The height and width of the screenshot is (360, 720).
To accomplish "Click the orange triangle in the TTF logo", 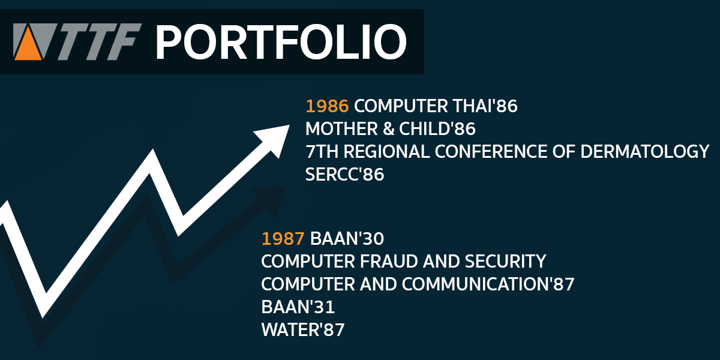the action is (28, 46).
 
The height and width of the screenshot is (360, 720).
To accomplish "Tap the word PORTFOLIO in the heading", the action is (281, 42).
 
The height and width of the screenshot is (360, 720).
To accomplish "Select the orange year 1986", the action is (327, 106).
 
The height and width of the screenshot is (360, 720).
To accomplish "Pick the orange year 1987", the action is (283, 239).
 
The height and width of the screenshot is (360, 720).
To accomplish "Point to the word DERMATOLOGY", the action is (645, 151).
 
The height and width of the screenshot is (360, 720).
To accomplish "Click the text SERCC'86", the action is (344, 174).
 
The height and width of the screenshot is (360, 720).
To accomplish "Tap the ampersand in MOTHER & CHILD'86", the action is (388, 128).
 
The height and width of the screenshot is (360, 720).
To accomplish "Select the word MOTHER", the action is (341, 128).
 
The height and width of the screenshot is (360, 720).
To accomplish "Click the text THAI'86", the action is (485, 106).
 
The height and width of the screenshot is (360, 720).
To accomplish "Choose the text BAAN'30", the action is (347, 239).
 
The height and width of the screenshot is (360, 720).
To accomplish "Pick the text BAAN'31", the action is (298, 307).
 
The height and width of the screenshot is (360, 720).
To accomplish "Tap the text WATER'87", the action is (303, 329).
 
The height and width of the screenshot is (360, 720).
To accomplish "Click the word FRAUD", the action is (389, 261).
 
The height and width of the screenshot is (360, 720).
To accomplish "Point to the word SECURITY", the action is (506, 261).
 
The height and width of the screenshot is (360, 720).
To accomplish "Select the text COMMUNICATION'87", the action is (488, 284).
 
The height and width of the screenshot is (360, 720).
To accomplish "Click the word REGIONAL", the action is (386, 151).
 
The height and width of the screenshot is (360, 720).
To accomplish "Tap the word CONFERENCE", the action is (491, 151).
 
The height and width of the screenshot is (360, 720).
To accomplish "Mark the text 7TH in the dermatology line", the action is (322, 151).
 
